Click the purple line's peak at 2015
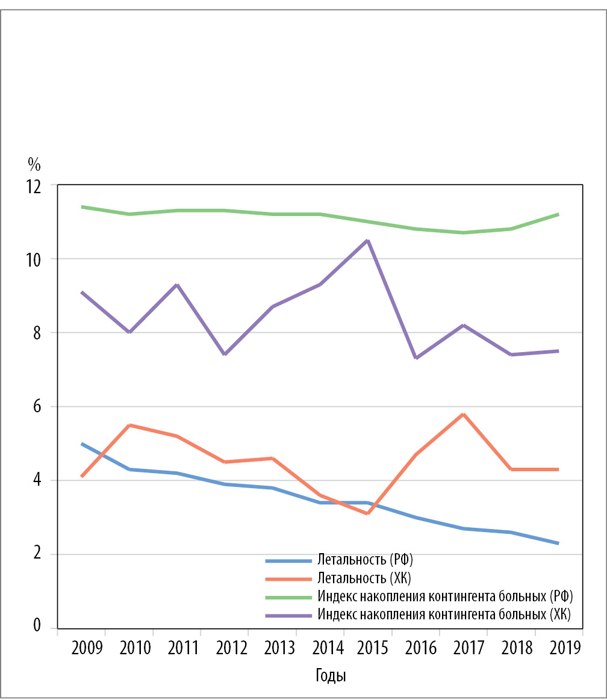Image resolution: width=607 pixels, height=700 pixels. point(367,241)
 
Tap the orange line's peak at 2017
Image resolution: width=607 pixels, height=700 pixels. point(463,414)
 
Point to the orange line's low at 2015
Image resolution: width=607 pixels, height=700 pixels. point(367,513)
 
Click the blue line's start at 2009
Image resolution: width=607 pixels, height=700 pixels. point(81,444)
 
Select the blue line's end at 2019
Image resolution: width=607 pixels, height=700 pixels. point(558,544)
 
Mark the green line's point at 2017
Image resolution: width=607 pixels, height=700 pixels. point(463,232)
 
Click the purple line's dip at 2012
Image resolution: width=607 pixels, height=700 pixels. point(225,354)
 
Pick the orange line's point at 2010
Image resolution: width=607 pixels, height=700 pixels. point(129,425)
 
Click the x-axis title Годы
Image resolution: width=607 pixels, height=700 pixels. point(331,675)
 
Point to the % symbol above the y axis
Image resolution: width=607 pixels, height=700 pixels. point(34,164)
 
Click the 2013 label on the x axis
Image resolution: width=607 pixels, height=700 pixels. point(281,648)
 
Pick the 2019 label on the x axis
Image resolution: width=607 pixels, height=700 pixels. point(567,648)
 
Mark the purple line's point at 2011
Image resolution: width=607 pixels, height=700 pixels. point(176,284)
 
